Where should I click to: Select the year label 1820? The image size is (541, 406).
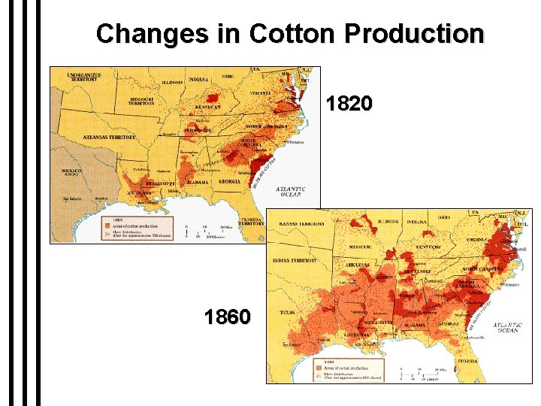pos(349,104)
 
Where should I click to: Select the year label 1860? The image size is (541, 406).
pos(227,317)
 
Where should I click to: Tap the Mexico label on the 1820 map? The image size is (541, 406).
pos(72,172)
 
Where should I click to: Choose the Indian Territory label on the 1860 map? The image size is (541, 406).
pos(294,260)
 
